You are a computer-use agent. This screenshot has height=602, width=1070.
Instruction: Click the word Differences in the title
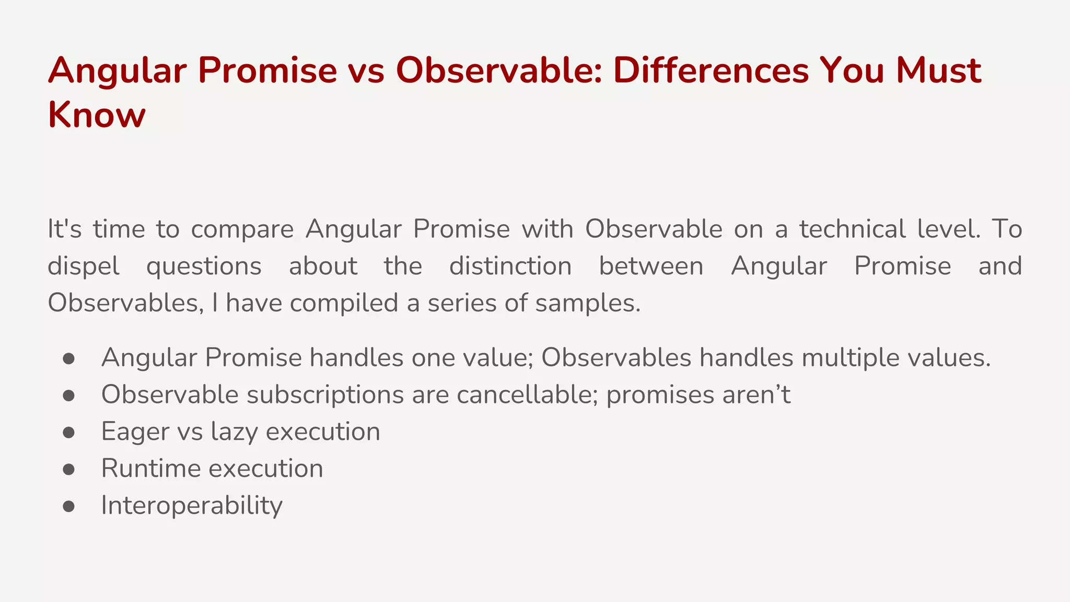pyautogui.click(x=711, y=70)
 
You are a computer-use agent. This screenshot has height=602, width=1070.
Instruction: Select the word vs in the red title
pyautogui.click(x=364, y=70)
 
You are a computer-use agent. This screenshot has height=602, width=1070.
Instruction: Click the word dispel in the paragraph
pyautogui.click(x=84, y=267)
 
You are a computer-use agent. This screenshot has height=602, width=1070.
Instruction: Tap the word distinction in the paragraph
pyautogui.click(x=510, y=266)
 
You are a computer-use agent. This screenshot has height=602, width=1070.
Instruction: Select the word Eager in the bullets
pyautogui.click(x=135, y=432)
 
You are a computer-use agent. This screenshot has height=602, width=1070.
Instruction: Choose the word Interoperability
pyautogui.click(x=192, y=505)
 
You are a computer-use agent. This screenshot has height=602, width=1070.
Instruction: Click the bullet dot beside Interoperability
pyautogui.click(x=68, y=506)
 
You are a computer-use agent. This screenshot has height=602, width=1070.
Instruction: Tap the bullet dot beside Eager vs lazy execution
pyautogui.click(x=68, y=432)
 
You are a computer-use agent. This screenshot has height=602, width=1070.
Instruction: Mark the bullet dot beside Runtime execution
pyautogui.click(x=68, y=469)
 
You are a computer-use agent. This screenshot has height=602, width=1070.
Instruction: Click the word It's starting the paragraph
pyautogui.click(x=64, y=229)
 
